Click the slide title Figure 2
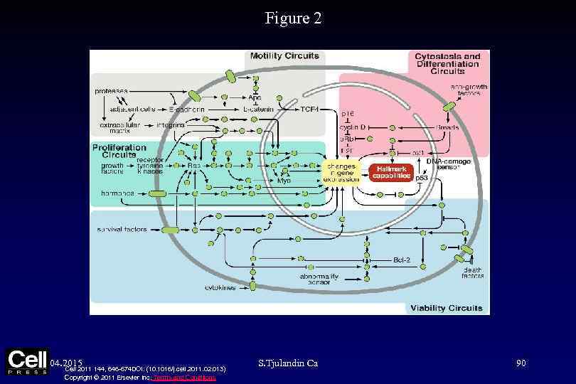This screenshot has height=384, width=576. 293,18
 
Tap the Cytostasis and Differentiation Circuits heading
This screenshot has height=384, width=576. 448,63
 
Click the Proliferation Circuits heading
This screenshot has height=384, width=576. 119,151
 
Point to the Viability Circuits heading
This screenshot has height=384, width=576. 445,308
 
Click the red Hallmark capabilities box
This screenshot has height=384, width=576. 390,171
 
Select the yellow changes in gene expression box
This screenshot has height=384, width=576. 341,171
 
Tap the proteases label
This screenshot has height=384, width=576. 112,91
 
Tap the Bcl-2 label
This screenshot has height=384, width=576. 403,260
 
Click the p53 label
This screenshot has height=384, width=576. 422,178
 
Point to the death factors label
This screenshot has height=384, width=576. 473,272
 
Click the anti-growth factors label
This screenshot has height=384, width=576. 466,90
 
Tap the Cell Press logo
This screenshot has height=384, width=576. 26,361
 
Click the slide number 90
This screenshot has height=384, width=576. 521,363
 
